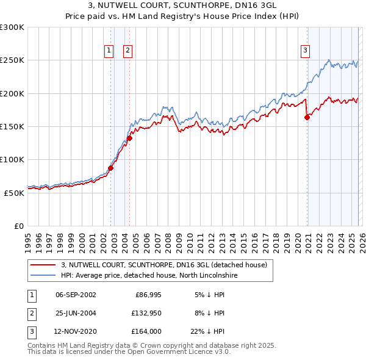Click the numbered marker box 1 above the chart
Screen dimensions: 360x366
coord(109,51)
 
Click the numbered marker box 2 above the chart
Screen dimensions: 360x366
coord(128,51)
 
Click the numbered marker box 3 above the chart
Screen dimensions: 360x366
coord(305,51)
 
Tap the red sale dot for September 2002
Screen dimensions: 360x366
coord(111,168)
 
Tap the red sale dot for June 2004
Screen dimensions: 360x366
coord(130,138)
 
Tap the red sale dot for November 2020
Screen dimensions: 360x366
coord(307,118)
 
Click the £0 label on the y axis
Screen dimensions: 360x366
coord(18,225)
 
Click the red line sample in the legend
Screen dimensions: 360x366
coord(43,265)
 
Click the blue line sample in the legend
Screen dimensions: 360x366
coord(43,276)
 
